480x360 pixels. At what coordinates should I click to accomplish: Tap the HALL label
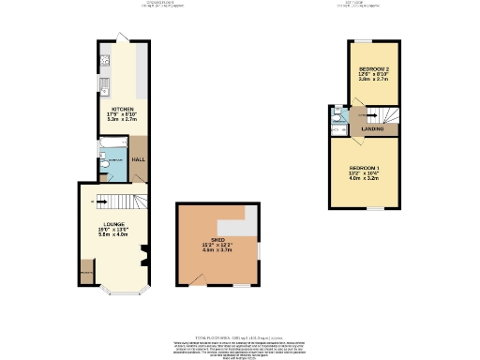pyautogui.click(x=138, y=160)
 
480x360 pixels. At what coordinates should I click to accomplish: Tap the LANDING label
pyautogui.click(x=372, y=129)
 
